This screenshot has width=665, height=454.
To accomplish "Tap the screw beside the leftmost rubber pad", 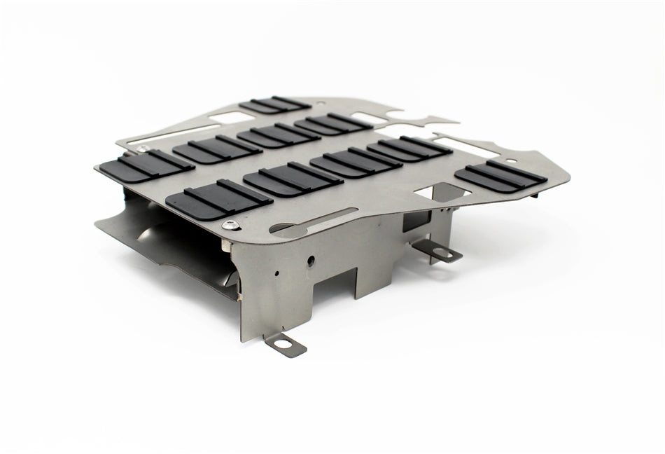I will (142, 148).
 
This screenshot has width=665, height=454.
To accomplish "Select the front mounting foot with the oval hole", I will (285, 345).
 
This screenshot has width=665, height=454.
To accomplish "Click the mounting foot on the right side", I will (441, 252).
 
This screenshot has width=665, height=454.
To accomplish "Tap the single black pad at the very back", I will (274, 105).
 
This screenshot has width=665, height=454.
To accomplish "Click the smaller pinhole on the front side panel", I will (278, 273).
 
